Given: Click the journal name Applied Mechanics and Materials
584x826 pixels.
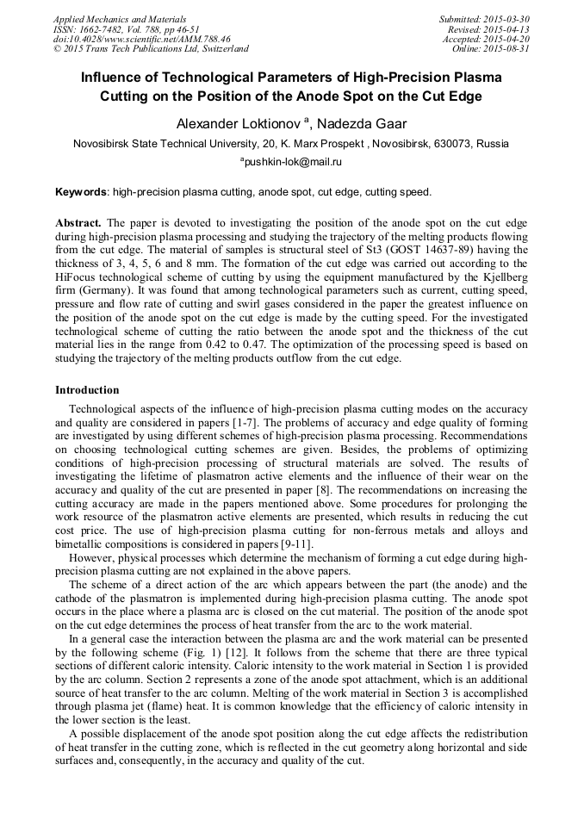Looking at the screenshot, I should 120,19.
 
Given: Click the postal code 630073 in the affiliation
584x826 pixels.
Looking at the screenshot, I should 459,144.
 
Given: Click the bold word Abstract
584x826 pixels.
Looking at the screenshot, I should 78,222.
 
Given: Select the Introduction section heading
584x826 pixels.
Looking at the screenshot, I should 87,389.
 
